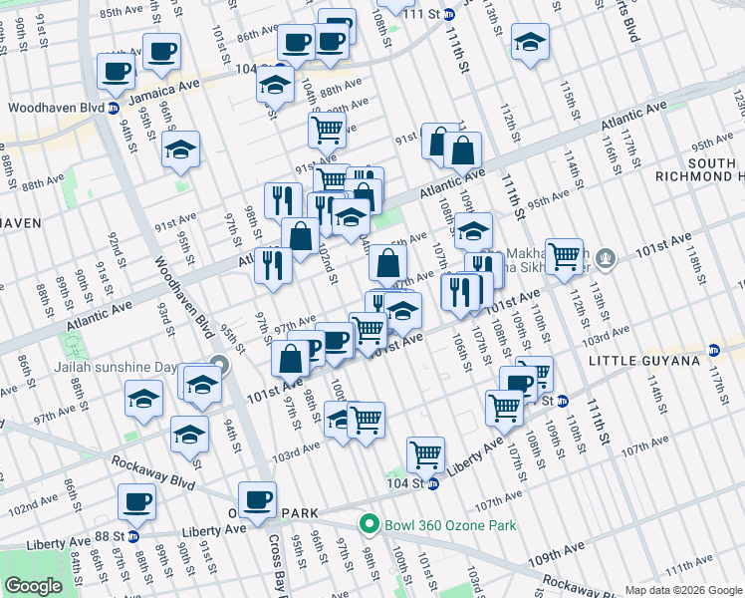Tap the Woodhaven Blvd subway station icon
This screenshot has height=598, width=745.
pos(114,108)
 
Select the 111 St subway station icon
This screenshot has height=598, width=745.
pos(449,14)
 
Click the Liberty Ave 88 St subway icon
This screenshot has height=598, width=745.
pos(132,535)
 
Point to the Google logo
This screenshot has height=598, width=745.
pos(33,586)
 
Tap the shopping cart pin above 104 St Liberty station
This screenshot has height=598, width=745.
pos(425,453)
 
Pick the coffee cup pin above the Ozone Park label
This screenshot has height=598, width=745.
pos(258,498)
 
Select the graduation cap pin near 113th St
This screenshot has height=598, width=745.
pos(531,42)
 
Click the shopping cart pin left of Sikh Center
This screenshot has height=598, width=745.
pos(565,255)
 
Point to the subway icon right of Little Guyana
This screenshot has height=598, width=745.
pos(714,350)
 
